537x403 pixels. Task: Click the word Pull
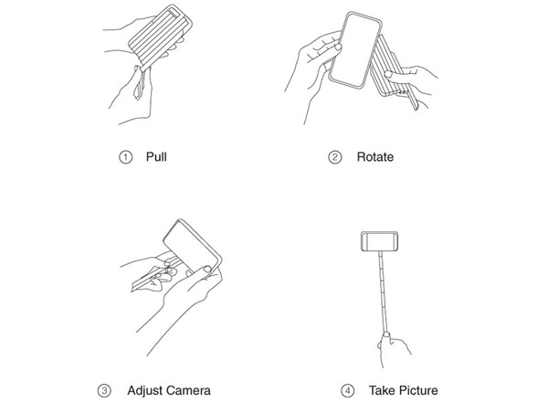[156, 157]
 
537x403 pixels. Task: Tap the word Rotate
[375, 157]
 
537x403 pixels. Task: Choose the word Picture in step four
[418, 390]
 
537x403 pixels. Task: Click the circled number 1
[126, 157]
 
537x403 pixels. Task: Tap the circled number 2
[335, 157]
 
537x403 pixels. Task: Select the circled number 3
[104, 391]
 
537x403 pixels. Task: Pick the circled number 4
[348, 391]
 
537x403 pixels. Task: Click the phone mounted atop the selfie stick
[380, 241]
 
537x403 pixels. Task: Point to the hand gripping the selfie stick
[393, 349]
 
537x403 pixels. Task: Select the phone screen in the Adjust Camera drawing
[190, 247]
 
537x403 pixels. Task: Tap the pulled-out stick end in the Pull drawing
[140, 84]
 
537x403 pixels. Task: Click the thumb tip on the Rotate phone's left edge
[338, 47]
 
